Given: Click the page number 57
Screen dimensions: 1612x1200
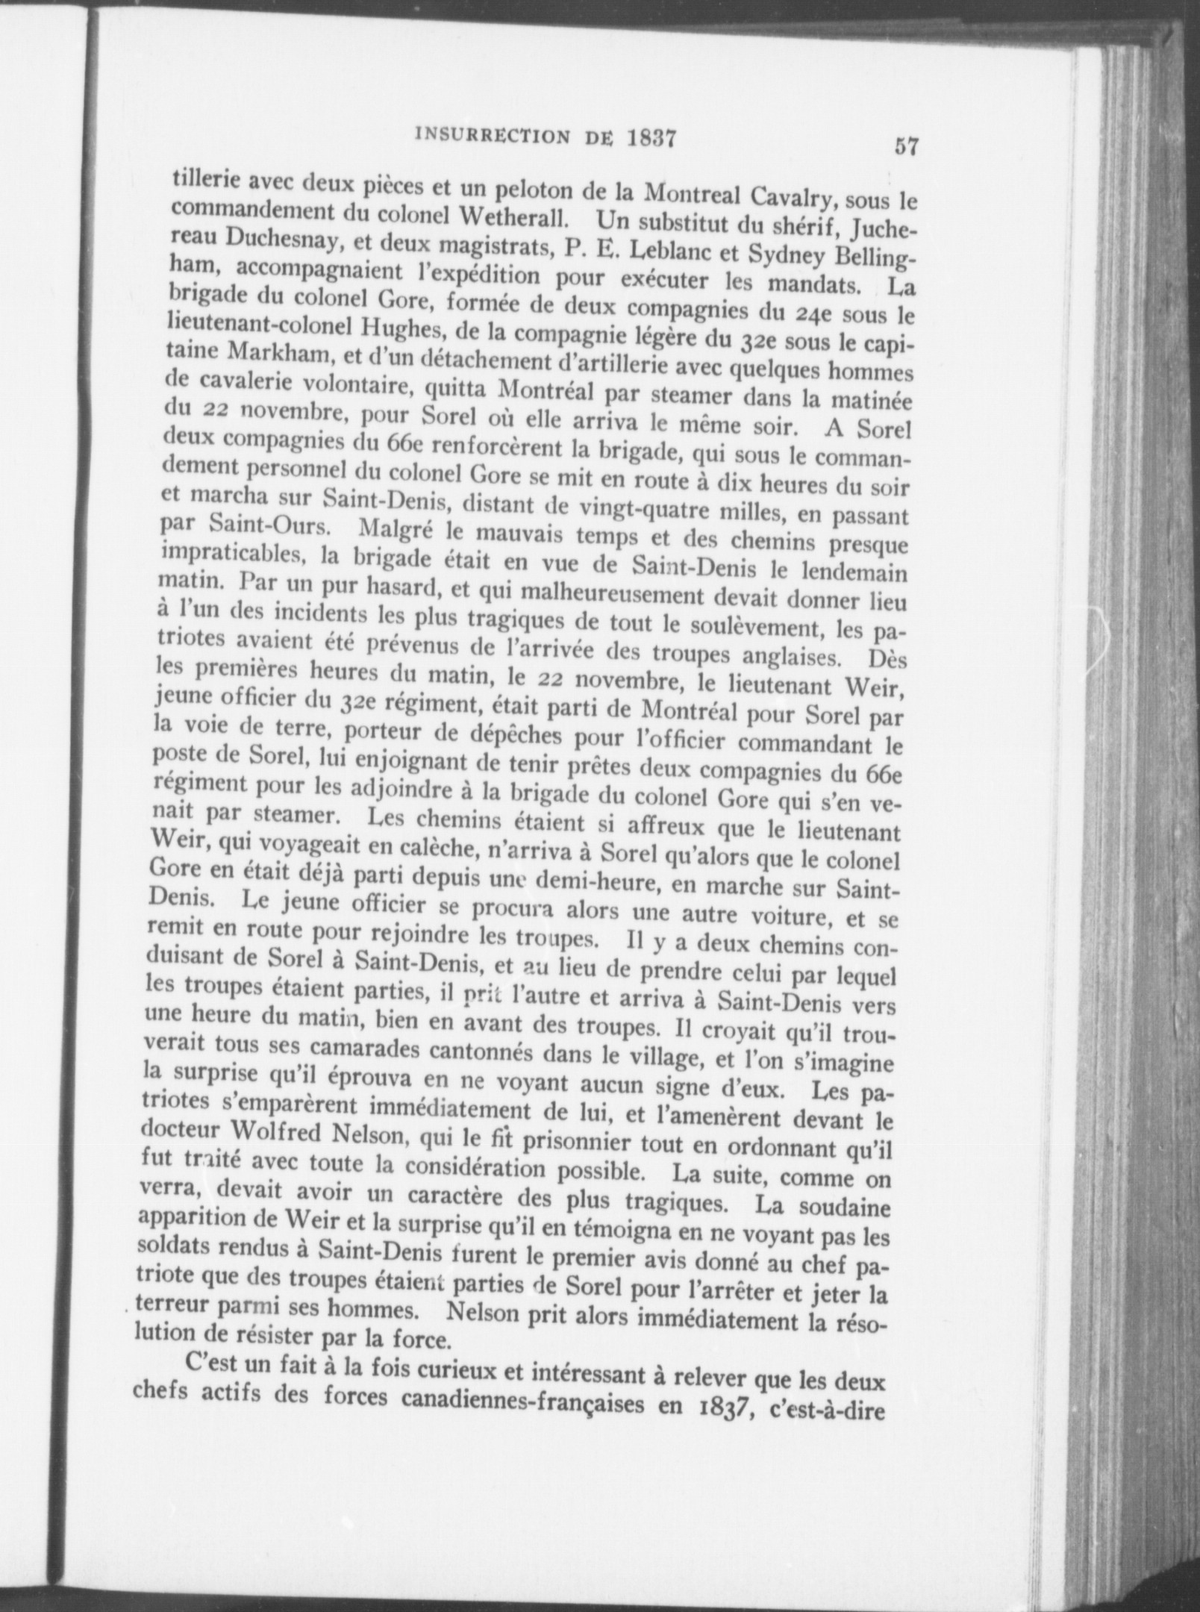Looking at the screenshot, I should tap(906, 146).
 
